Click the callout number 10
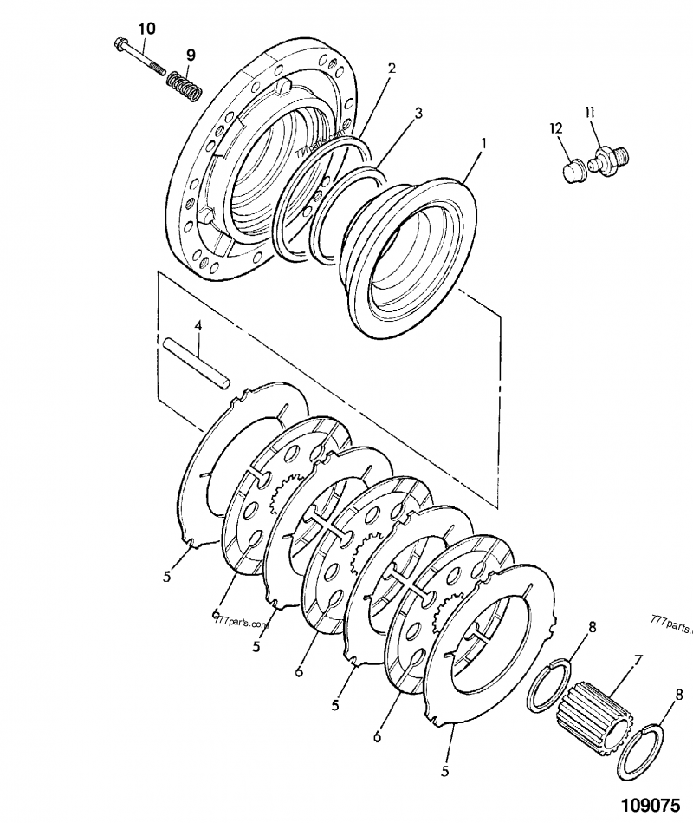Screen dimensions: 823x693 coord(146,29)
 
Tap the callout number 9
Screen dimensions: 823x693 coord(190,55)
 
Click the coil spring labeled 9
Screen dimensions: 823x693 coord(185,84)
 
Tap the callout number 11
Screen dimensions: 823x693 coord(589,112)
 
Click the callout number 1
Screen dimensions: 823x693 coord(483,140)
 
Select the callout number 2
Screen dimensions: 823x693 coord(391,69)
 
